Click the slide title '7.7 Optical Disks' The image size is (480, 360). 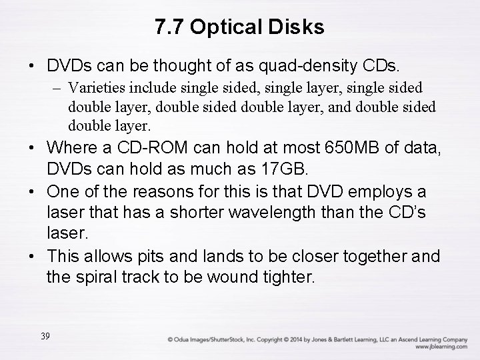tap(239, 27)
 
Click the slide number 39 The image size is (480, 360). tap(45, 336)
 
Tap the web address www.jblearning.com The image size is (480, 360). tap(441, 347)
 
